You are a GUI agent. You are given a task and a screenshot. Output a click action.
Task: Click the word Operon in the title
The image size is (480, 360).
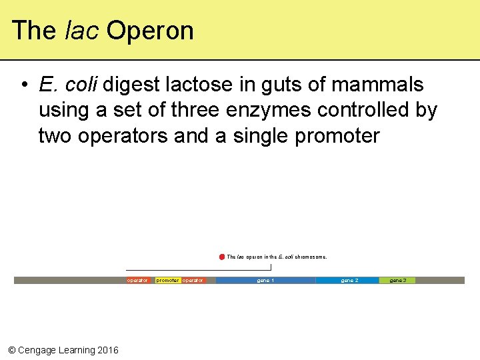tap(149, 31)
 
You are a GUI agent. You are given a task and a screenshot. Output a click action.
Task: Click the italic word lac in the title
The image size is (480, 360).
tap(82, 31)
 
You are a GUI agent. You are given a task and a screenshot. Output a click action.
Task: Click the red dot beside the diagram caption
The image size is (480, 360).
tap(222, 257)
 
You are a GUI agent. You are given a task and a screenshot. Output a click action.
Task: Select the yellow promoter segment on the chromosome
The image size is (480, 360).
tap(167, 281)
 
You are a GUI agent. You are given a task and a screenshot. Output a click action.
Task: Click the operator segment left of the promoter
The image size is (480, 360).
tap(137, 281)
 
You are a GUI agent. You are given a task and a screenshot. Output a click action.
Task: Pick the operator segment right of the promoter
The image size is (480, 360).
tap(193, 281)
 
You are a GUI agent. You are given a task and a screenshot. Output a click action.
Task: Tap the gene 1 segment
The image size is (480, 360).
tap(265, 281)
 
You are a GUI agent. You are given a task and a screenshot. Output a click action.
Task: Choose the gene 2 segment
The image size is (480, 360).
tap(349, 281)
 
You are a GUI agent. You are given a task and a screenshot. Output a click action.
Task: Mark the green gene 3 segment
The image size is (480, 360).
tap(398, 281)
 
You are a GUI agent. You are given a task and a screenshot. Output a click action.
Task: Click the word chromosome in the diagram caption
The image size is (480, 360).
tap(311, 257)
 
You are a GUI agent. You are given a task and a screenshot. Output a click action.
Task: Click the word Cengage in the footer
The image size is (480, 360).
tap(38, 350)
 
